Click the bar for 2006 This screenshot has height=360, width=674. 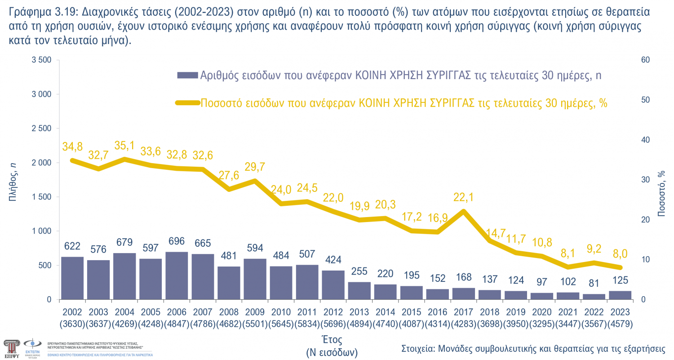(177, 276)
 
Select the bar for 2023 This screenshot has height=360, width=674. (620, 295)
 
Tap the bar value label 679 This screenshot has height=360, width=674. (124, 242)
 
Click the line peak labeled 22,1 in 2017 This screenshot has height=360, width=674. (463, 211)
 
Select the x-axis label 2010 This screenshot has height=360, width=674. (281, 311)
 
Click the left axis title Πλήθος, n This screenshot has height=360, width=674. (13, 180)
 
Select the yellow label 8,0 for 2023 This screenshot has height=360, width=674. (620, 254)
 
